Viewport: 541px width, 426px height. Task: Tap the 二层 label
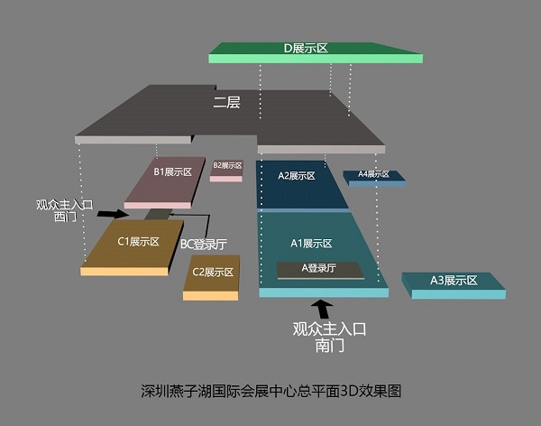pos(226,103)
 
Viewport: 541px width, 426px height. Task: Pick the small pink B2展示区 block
pos(227,167)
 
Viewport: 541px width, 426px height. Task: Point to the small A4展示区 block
pos(373,175)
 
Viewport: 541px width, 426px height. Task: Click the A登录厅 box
pos(319,268)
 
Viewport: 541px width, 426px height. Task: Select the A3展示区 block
pos(453,282)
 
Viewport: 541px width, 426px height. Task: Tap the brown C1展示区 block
pos(138,242)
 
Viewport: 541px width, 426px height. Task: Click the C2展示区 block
pos(213,273)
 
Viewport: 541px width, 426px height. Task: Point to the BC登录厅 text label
pos(203,244)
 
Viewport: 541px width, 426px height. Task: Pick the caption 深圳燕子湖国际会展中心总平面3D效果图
pos(270,391)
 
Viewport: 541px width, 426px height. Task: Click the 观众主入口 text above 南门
pos(329,329)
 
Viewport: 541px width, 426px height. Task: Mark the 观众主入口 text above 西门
pos(64,205)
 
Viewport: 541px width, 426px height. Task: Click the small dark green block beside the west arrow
pos(157,214)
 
